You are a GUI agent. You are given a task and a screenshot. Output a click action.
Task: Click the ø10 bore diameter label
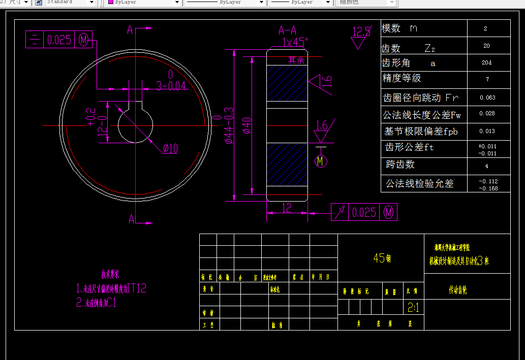coord(171,148)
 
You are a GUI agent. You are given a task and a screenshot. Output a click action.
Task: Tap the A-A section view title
coord(287,30)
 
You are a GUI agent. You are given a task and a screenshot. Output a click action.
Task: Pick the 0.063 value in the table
coord(487,97)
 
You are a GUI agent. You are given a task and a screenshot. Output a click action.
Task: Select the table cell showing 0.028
coord(487,114)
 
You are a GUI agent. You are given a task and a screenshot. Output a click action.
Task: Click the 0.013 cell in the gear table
coord(487,131)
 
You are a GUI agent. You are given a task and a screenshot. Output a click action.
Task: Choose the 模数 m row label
coord(399,29)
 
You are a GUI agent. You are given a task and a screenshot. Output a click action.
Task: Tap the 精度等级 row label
coord(402,78)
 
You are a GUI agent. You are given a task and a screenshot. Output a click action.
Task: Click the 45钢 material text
coord(382,258)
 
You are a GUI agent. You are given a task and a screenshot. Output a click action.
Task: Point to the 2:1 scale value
coord(413,308)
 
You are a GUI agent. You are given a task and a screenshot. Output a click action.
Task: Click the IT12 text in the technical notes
coord(136,288)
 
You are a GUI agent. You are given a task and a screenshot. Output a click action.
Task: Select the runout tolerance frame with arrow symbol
coord(364,212)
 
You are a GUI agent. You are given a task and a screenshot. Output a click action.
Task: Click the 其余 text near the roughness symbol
coord(296,60)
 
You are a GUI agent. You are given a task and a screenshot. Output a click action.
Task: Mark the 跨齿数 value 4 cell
coord(487,166)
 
